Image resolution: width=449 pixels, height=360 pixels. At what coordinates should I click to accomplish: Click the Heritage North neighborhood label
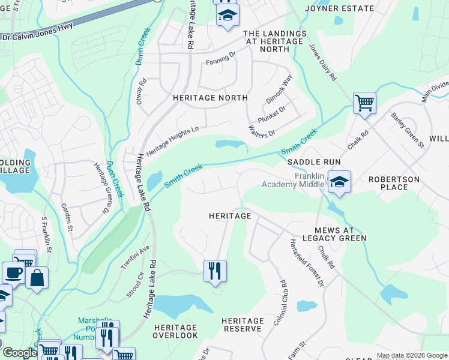tap(209, 97)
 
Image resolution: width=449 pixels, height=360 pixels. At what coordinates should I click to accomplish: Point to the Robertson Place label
tap(396, 183)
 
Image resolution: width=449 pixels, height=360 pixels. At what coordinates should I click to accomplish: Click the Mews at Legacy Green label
tap(340, 234)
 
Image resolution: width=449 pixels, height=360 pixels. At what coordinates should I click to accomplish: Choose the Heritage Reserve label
tap(243, 325)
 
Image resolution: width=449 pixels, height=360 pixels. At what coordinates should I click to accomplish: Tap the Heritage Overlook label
tap(175, 331)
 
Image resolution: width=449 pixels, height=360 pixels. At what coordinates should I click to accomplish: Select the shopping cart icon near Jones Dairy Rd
tap(364, 103)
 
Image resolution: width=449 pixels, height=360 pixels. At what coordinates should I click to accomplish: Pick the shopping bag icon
tap(37, 278)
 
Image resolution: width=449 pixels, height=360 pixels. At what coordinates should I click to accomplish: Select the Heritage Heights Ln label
tap(172, 141)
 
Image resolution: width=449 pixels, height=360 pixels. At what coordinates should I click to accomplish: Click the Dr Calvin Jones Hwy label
tap(33, 35)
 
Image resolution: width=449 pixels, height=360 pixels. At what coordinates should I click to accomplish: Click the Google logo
tap(19, 353)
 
